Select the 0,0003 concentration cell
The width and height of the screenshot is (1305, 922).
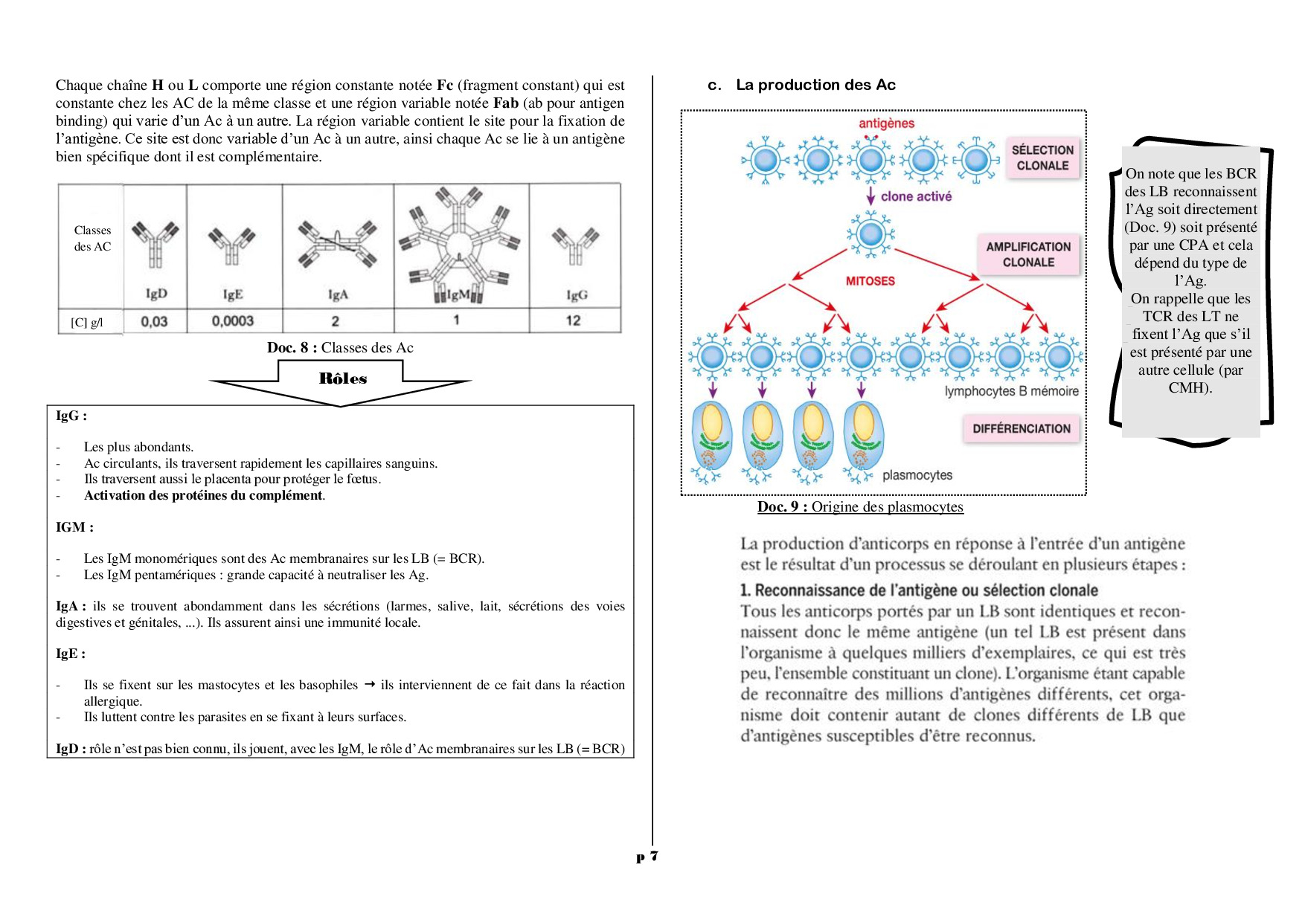pos(233,321)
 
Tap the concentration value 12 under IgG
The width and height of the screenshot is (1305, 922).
pos(573,320)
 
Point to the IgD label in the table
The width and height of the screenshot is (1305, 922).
pos(156,294)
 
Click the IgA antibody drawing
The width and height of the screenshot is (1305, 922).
pos(337,242)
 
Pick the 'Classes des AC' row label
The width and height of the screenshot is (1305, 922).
pos(92,239)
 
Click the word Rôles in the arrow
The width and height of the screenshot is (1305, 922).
pos(343,378)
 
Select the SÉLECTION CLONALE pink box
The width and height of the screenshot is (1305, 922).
pos(1042,158)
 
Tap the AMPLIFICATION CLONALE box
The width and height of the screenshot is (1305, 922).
pos(1028,254)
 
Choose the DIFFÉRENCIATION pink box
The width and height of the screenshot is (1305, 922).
pos(1022,429)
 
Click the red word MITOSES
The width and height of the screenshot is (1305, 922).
pos(870,281)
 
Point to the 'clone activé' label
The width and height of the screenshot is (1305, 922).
pos(916,196)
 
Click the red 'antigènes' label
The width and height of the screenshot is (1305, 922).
pos(886,123)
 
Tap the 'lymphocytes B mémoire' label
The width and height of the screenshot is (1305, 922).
pos(1011,391)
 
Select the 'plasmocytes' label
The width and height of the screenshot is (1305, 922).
pos(917,475)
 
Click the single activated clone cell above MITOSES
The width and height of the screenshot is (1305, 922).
pos(870,235)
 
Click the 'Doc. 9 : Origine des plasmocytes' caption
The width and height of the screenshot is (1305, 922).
pos(860,507)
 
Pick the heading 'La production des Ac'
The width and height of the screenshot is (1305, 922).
pos(815,85)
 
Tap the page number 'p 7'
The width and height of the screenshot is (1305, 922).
pos(647,857)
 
